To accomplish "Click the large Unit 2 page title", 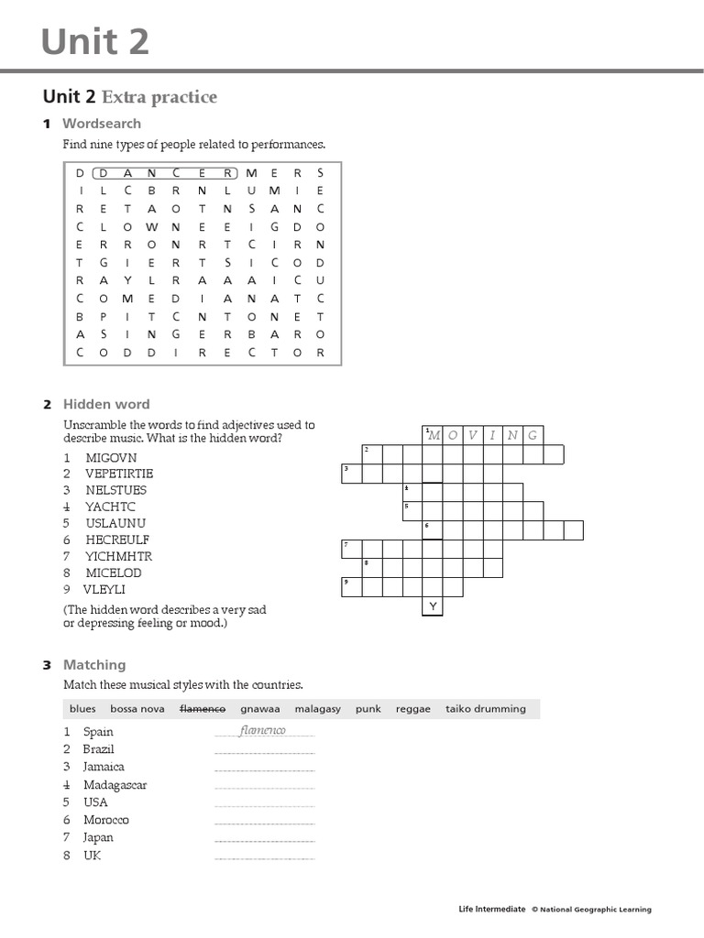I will [x=95, y=41].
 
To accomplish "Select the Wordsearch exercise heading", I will [x=102, y=123].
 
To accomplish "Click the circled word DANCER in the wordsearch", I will [x=166, y=172].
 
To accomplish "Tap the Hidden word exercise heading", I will [x=106, y=404].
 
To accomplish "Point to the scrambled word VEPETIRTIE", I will [x=119, y=474].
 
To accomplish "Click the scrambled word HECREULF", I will [x=117, y=540].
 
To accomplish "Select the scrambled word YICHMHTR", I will [x=119, y=556].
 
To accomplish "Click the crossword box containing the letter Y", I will [x=432, y=606].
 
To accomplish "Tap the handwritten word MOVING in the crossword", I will [x=482, y=434].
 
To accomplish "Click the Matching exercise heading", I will [x=94, y=665].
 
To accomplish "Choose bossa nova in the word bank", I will [x=137, y=709].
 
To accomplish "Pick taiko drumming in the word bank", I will [x=486, y=709].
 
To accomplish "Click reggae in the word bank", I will [x=412, y=709].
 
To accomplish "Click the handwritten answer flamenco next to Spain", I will [x=263, y=730].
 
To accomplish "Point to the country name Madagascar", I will [x=115, y=785].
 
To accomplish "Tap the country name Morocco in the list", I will [x=106, y=820].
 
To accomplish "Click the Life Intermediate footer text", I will [x=492, y=910].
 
